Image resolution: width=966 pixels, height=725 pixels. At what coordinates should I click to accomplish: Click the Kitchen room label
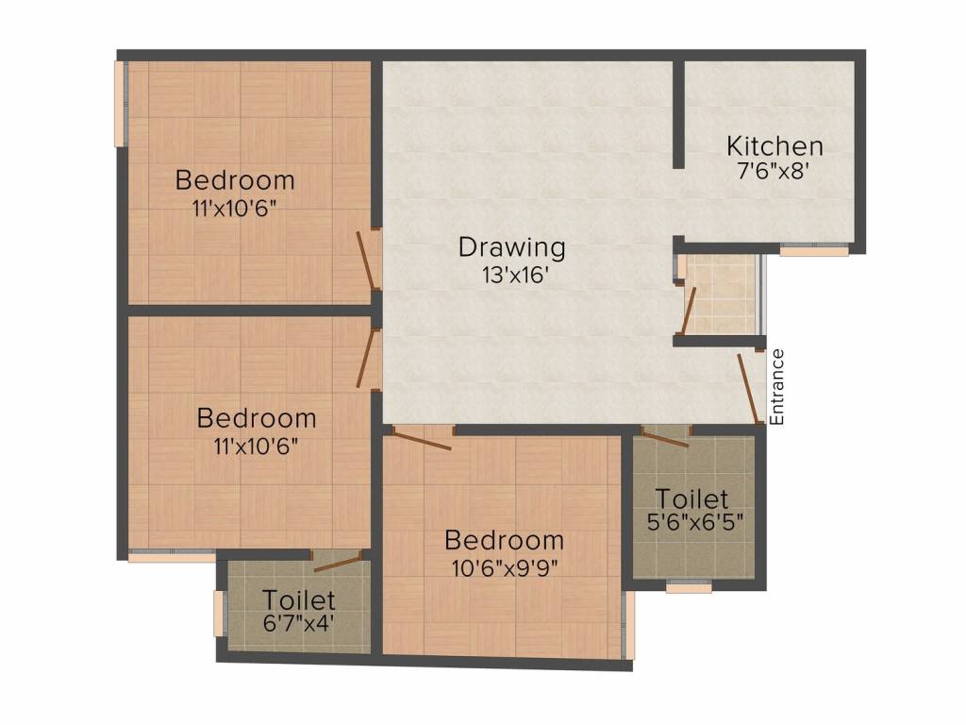pyautogui.click(x=774, y=146)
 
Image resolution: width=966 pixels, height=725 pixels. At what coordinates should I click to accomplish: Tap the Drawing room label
pyautogui.click(x=512, y=247)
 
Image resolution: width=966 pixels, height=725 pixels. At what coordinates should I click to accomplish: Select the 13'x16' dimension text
pyautogui.click(x=513, y=276)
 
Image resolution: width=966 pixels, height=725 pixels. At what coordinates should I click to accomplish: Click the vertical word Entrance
pyautogui.click(x=777, y=386)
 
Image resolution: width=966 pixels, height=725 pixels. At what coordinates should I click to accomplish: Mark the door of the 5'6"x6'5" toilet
pyautogui.click(x=664, y=438)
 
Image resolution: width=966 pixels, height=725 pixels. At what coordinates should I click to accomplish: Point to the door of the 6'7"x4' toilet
pyautogui.click(x=338, y=565)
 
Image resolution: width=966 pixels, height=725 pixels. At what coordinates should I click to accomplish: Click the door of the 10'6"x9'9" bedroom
pyautogui.click(x=422, y=439)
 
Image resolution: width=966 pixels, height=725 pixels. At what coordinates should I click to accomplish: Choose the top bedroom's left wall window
pyautogui.click(x=120, y=104)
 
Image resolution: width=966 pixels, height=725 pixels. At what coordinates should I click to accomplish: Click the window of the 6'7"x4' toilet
pyautogui.click(x=219, y=614)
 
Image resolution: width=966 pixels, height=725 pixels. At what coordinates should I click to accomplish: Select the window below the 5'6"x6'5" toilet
pyautogui.click(x=689, y=587)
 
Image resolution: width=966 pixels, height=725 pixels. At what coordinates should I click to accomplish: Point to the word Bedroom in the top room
pyautogui.click(x=235, y=179)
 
